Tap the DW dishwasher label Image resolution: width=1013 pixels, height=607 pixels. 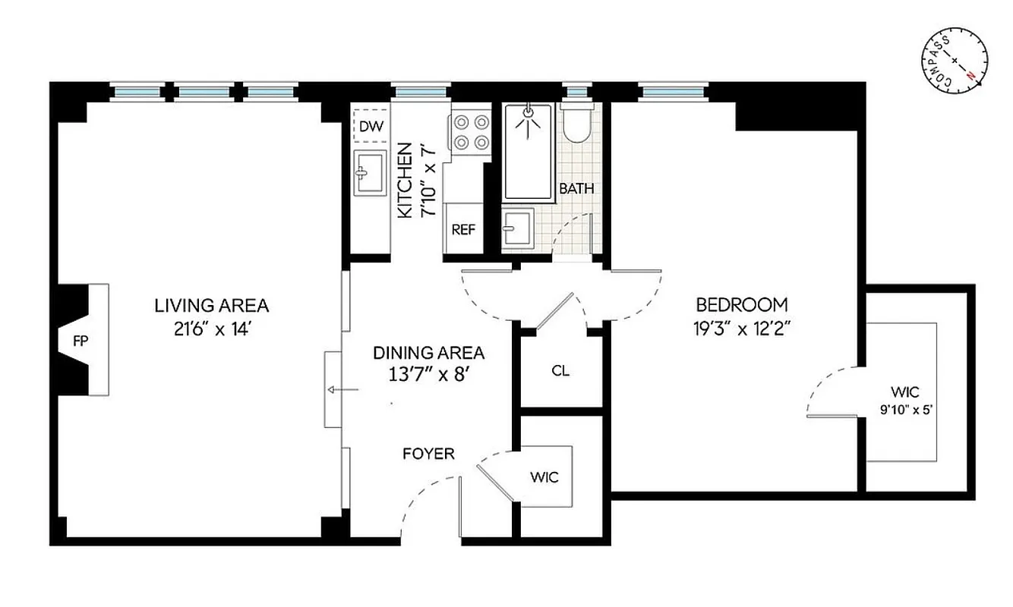tap(371, 126)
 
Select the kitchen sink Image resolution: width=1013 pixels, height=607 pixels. tap(370, 172)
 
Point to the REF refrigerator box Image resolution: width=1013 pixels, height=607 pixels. tap(463, 228)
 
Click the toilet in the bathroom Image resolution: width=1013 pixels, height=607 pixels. tap(578, 124)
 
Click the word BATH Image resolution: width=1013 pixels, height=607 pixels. tap(577, 188)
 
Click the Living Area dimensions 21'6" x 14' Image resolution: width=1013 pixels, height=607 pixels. tap(212, 329)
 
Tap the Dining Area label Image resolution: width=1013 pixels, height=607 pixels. tap(428, 353)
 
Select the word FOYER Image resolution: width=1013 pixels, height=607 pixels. tap(428, 454)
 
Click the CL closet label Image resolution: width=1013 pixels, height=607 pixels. tap(560, 371)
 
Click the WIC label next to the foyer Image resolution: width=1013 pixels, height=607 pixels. tap(544, 477)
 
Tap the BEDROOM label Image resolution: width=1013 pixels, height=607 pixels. tap(742, 305)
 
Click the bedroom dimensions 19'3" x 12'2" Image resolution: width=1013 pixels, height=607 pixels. tap(742, 329)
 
